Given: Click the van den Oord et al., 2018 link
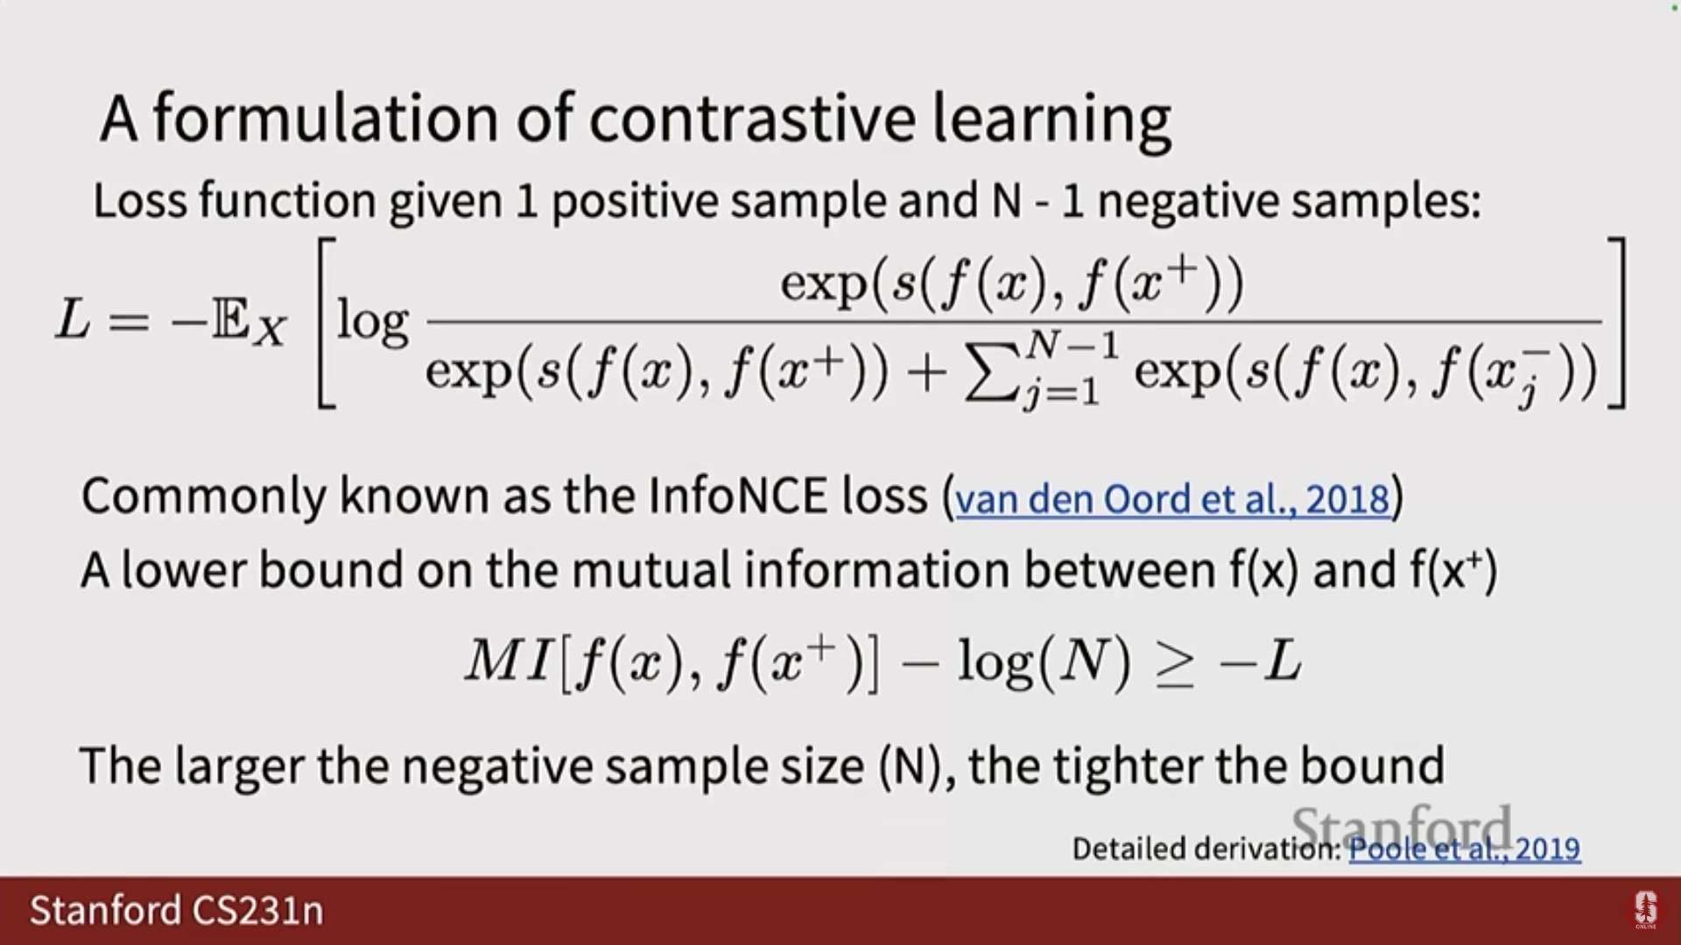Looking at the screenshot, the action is tap(1172, 499).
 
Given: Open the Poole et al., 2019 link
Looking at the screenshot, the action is tap(1465, 849).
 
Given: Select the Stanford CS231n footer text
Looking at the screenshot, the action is tap(177, 910).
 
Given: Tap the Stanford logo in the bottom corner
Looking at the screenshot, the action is tap(1646, 910).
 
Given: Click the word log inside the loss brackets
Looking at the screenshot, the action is tap(373, 322).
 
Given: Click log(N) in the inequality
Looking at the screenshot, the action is tap(1044, 662).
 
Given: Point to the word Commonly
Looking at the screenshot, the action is tap(203, 497).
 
